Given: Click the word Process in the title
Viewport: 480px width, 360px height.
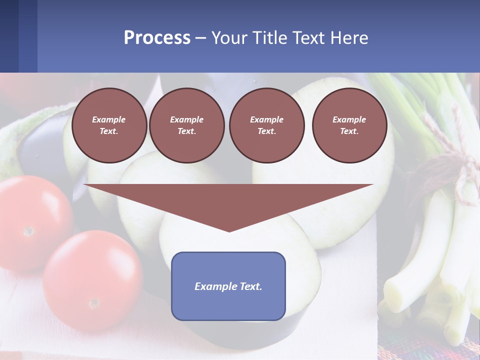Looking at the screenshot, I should point(157,38).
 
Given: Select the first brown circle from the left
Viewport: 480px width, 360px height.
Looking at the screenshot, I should point(109,125).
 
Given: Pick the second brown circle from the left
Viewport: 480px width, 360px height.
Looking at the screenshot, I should point(186,125).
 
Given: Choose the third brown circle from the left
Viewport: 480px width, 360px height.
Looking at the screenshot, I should point(266,125).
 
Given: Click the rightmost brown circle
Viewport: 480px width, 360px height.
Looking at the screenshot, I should point(349,125).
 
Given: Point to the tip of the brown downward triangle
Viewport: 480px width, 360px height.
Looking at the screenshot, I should point(229,230).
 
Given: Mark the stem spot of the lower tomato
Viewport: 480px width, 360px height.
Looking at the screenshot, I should point(93,303).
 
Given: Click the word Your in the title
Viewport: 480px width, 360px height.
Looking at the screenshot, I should point(229,38).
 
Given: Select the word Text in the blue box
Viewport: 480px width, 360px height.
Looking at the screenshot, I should point(250,286).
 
